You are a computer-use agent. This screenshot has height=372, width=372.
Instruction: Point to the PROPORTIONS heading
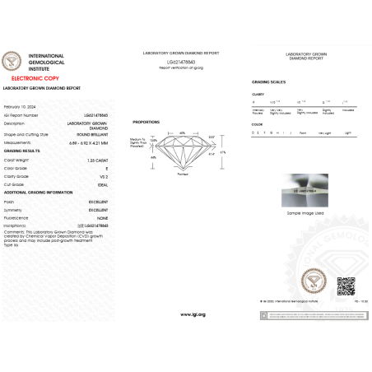(x=146, y=121)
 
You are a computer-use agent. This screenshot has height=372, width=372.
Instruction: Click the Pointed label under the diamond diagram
(x=183, y=174)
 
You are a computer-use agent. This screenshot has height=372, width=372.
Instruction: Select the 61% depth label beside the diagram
(x=221, y=151)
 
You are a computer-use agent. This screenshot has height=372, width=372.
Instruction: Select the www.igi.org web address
(x=193, y=314)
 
